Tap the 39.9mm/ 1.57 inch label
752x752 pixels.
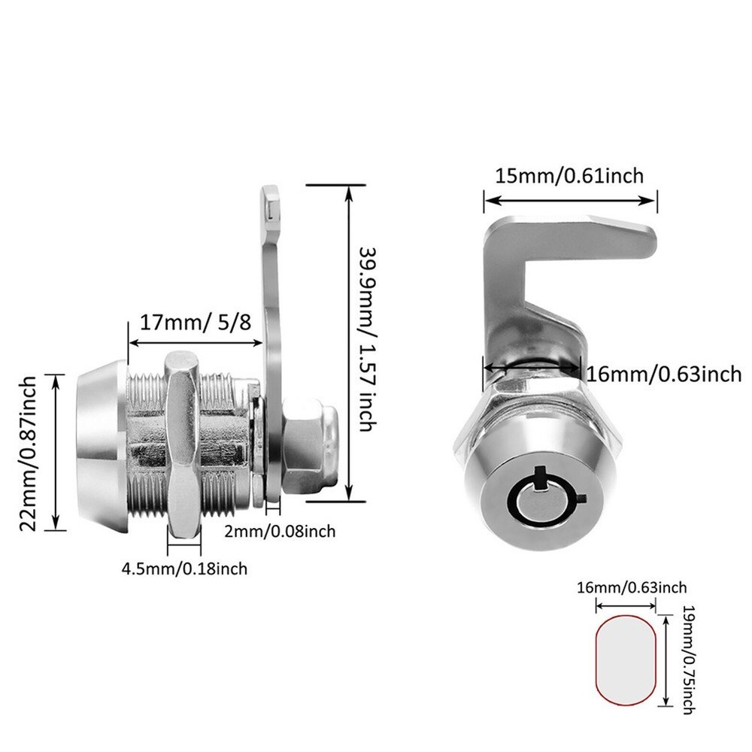point(366,338)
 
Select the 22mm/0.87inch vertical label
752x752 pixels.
point(28,453)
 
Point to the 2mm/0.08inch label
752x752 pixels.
point(280,532)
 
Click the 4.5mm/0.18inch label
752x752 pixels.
point(184,569)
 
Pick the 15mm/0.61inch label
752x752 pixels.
point(569,176)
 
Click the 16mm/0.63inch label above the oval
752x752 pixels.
point(631,587)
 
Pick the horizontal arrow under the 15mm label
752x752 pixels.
point(570,200)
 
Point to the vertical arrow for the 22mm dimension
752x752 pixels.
point(54,451)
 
